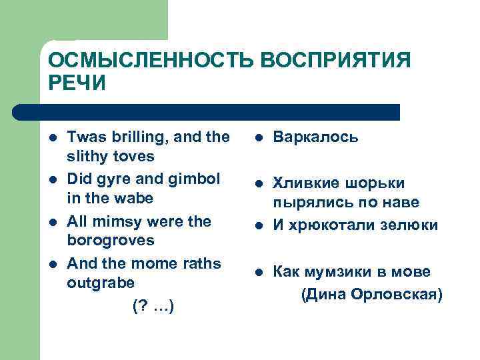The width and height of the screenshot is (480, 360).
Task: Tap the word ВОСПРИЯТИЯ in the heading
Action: (335, 61)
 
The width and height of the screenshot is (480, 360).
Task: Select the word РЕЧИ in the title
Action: (77, 84)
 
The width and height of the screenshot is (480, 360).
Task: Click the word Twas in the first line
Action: (85, 137)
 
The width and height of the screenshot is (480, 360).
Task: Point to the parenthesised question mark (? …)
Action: (153, 306)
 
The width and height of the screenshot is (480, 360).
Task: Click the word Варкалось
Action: (316, 137)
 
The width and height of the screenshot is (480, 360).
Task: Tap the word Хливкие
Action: (304, 183)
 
